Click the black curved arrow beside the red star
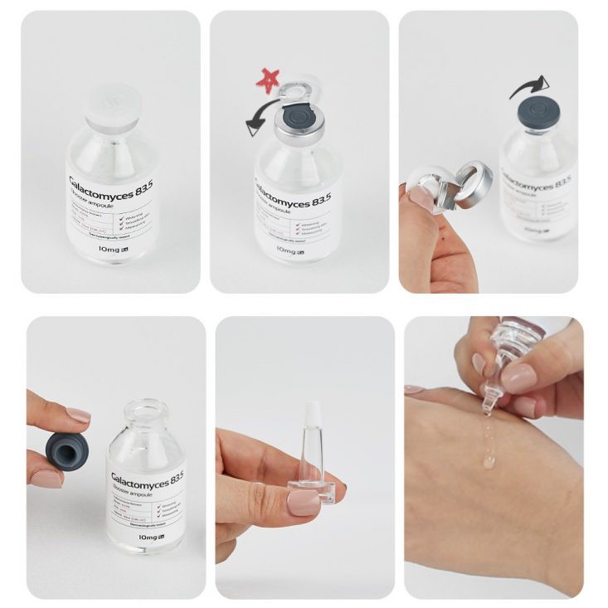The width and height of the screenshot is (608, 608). pyautogui.click(x=263, y=121)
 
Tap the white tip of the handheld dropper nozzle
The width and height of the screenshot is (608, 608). pyautogui.click(x=313, y=415)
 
